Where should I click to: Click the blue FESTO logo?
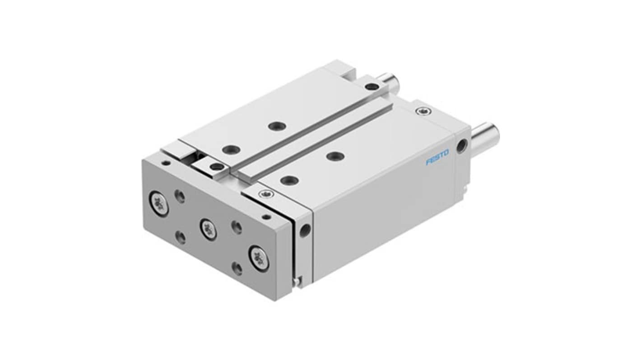click(437, 157)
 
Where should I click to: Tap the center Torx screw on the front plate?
click(209, 229)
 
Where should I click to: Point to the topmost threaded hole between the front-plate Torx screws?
click(180, 197)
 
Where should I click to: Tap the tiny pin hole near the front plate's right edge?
click(267, 217)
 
